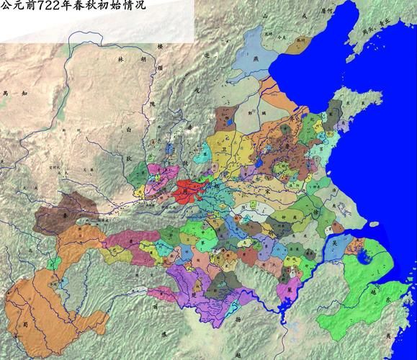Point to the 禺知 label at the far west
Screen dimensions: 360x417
[x=14, y=94]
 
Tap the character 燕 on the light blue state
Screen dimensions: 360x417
[x=255, y=62]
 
